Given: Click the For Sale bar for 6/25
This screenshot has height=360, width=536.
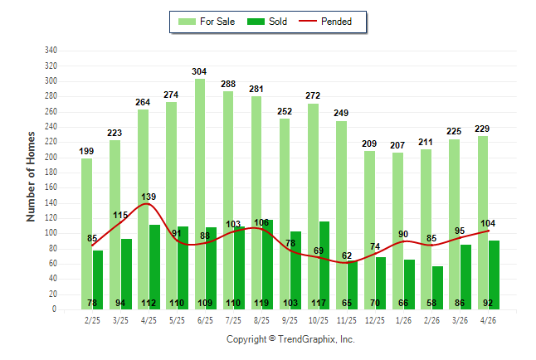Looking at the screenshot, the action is [200, 194].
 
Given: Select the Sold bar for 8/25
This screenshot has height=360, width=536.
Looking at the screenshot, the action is [267, 265].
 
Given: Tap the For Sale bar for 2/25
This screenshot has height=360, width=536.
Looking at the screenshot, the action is [86, 234].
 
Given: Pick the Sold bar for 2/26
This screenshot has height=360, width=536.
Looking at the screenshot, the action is [437, 288].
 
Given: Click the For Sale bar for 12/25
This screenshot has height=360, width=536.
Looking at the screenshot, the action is [369, 230].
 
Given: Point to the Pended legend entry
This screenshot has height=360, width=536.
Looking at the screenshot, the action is [325, 22].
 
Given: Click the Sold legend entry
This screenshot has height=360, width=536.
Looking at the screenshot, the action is [267, 22].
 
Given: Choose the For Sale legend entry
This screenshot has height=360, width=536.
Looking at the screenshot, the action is [207, 22].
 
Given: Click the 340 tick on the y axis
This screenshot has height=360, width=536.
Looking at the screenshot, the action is [51, 51].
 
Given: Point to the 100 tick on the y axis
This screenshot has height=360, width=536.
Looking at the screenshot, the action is [51, 233].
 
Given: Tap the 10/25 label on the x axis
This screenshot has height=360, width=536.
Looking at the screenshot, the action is [319, 320].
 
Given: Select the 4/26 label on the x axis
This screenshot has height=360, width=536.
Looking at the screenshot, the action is [488, 320].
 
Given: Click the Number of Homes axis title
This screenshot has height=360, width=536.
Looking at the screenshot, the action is [31, 177].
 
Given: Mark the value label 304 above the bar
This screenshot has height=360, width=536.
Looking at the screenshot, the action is [199, 71].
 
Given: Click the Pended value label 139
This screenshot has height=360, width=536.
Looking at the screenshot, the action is [149, 197].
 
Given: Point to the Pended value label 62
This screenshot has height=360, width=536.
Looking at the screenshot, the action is [347, 255].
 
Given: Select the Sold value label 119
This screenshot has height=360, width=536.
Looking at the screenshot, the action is [261, 303].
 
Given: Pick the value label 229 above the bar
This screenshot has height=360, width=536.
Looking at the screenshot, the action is [482, 129].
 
